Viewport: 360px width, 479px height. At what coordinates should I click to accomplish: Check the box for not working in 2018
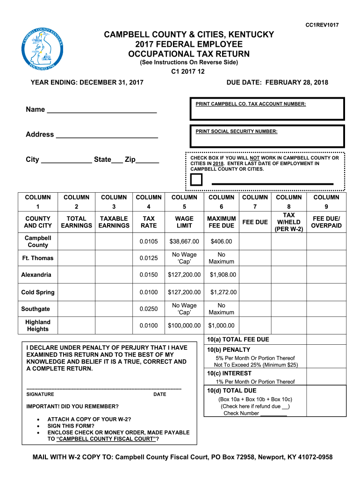(196, 180)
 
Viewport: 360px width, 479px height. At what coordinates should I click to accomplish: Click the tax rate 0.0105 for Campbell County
(149, 241)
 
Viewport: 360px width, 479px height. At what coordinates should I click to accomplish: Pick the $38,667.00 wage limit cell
(184, 241)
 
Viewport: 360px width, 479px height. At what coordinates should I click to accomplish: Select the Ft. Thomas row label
(38, 258)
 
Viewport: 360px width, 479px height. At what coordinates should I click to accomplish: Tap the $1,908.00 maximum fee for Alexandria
(223, 275)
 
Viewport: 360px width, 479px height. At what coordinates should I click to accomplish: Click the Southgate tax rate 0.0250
(149, 309)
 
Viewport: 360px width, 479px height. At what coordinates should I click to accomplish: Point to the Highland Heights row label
(38, 326)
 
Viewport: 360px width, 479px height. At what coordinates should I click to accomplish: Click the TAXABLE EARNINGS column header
(114, 222)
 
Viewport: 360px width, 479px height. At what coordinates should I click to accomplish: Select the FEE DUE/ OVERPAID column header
(327, 222)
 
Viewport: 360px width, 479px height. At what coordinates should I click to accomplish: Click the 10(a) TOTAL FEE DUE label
(238, 340)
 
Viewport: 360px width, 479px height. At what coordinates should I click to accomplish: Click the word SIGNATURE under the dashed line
(40, 394)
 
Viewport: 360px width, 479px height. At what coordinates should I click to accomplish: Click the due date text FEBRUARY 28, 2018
(297, 83)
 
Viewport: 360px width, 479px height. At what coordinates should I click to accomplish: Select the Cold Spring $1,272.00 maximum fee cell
(223, 292)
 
